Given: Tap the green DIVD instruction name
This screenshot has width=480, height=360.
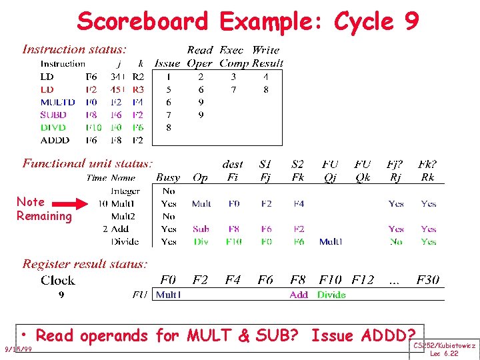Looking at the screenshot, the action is coord(53,127).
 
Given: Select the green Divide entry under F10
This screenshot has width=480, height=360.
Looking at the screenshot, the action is coord(331,295).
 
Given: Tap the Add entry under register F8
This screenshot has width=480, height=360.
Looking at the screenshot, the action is coord(299,295).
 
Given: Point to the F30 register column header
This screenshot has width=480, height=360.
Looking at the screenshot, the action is coord(428,280).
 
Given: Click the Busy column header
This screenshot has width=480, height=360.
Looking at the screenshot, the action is coord(168,178).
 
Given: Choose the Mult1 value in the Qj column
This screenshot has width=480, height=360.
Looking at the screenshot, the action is coord(331,241).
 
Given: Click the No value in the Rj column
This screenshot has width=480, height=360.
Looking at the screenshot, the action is coord(396,241).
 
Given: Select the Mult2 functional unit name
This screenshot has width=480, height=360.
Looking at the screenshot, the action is coord(123,216).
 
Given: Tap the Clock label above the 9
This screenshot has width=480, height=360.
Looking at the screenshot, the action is coord(58,280).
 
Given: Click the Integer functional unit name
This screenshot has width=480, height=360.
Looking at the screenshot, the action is coord(125,191).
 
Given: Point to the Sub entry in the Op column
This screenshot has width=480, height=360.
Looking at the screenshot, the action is coord(201,229).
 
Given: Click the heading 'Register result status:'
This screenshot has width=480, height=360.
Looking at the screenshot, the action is coord(84,264).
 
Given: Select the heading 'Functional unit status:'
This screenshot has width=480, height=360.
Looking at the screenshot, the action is coord(87,163).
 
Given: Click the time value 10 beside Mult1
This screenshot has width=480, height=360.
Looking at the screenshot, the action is coord(103,203).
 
